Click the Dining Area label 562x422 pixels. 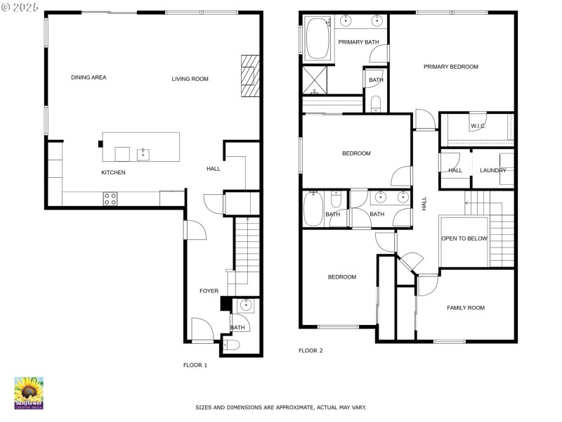(89, 77)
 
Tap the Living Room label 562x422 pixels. (190, 79)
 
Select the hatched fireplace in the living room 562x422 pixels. (250, 76)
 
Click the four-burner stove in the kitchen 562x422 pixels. (110, 199)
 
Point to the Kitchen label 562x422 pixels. (113, 172)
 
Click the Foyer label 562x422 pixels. (209, 291)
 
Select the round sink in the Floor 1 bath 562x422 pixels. (246, 305)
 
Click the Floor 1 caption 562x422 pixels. (195, 365)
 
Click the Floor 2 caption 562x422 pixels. (311, 350)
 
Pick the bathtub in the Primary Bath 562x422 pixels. (318, 39)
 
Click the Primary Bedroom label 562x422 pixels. (451, 67)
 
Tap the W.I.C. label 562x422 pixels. (478, 126)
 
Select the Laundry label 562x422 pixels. (493, 170)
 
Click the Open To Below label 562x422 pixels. (464, 238)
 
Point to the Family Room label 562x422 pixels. (466, 308)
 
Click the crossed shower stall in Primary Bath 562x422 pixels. (315, 80)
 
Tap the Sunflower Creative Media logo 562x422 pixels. (29, 393)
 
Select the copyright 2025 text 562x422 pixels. (20, 7)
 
